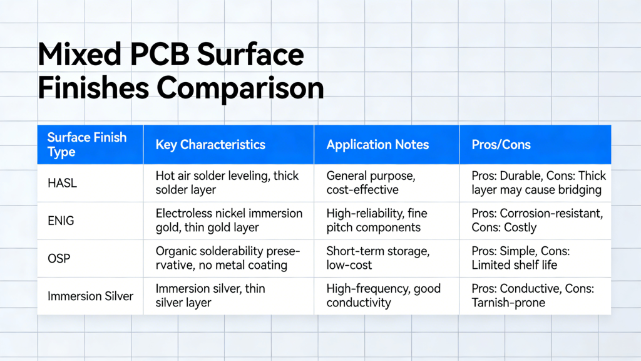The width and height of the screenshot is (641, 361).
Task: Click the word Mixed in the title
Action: pyautogui.click(x=79, y=55)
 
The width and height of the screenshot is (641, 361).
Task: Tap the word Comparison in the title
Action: pyautogui.click(x=240, y=88)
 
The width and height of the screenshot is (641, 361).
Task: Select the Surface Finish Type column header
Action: pyautogui.click(x=87, y=145)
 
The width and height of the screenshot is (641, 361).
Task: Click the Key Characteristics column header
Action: pyautogui.click(x=210, y=145)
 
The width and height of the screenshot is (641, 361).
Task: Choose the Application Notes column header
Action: pyautogui.click(x=377, y=145)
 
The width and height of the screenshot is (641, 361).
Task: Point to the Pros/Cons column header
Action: pyautogui.click(x=501, y=145)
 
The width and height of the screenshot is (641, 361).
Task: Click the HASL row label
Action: pyautogui.click(x=62, y=183)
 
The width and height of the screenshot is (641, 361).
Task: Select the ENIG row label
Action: pyautogui.click(x=61, y=221)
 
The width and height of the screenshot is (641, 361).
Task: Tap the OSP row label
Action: pyautogui.click(x=59, y=258)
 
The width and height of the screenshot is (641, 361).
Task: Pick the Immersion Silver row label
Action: pyautogui.click(x=90, y=296)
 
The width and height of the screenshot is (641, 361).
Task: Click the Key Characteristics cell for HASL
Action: pyautogui.click(x=227, y=183)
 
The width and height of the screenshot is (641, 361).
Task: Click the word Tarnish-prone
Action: pyautogui.click(x=508, y=303)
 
